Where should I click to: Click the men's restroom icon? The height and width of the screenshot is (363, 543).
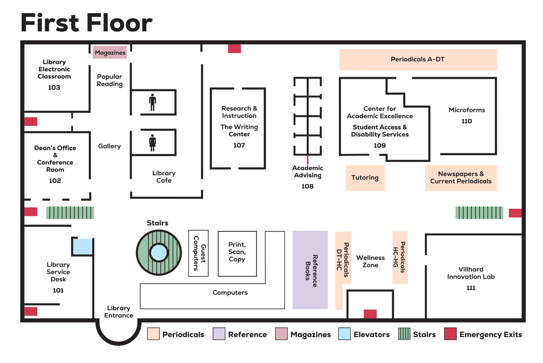[152, 102]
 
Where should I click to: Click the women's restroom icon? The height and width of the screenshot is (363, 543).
[152, 143]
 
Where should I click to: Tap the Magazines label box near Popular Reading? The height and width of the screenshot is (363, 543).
[110, 52]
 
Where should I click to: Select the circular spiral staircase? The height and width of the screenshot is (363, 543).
[159, 253]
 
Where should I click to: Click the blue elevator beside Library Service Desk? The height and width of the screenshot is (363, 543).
[83, 246]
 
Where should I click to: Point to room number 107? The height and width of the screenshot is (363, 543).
[239, 145]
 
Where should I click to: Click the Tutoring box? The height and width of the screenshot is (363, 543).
[365, 178]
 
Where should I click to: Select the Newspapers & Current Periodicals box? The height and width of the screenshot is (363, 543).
[461, 178]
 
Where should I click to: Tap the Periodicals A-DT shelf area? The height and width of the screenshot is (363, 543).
[418, 59]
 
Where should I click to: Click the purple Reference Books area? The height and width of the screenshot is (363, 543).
[310, 270]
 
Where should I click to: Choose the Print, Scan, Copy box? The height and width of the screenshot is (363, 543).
[237, 254]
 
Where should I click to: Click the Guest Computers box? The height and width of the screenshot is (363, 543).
[198, 253]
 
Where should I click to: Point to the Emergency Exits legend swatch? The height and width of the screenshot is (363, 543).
[450, 334]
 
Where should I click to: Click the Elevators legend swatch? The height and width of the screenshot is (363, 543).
[344, 334]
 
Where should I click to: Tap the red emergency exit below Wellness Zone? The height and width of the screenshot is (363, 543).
[370, 314]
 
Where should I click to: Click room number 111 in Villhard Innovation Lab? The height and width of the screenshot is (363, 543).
[471, 288]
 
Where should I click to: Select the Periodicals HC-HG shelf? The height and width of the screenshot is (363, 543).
[400, 257]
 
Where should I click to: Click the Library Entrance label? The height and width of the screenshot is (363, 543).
[119, 312]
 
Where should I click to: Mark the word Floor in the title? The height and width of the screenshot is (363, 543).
[119, 23]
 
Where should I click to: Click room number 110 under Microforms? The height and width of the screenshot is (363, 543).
[467, 121]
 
